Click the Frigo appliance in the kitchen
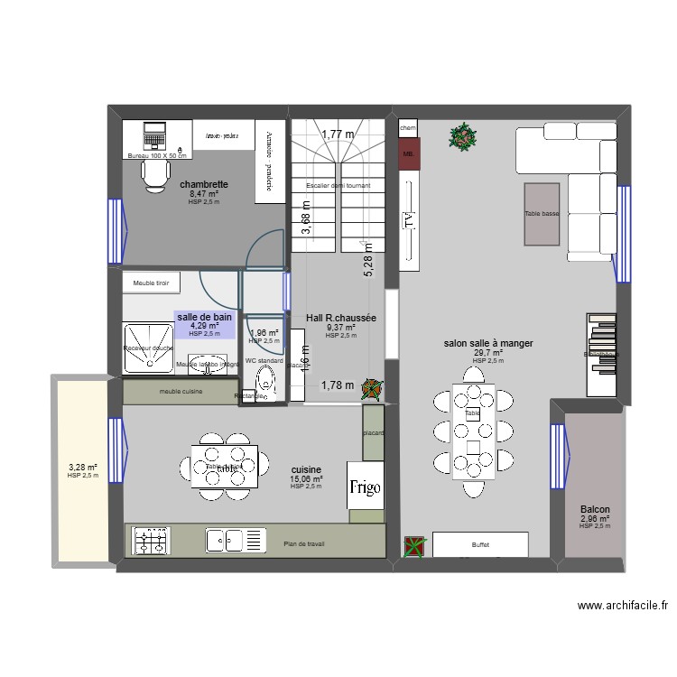tap(366, 488)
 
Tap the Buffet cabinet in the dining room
tap(480, 544)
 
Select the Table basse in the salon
tap(542, 214)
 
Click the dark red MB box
tap(408, 154)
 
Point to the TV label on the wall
tap(410, 220)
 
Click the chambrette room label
tap(203, 184)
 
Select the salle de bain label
tap(204, 317)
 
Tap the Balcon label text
tap(595, 510)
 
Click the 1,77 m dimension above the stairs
tap(338, 134)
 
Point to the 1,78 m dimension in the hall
tap(338, 385)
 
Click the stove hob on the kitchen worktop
tap(152, 541)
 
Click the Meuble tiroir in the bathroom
tap(151, 283)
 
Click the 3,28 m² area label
tap(83, 468)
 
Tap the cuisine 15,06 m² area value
tap(306, 479)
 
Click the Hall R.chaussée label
tap(341, 318)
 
